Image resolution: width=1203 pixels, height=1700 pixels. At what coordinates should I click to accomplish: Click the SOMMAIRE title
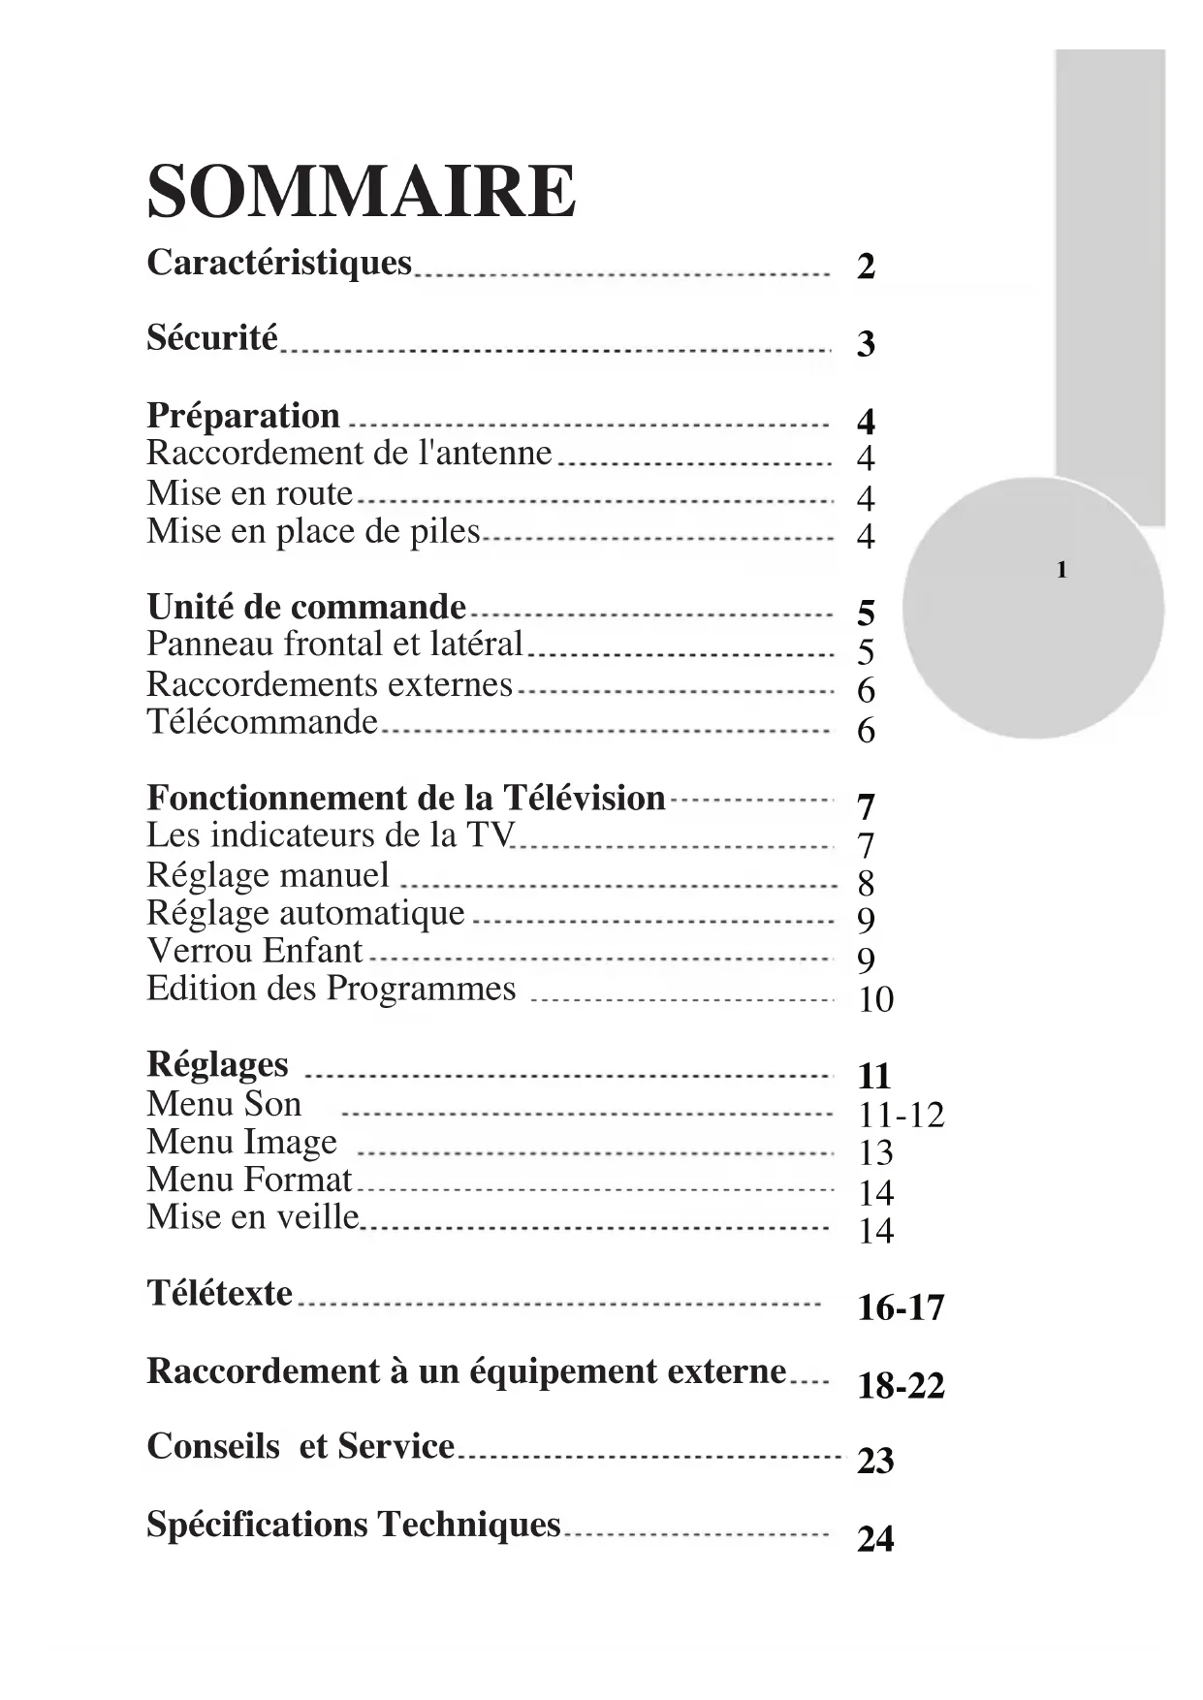[361, 191]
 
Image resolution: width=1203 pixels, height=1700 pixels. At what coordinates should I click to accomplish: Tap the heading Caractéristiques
[279, 263]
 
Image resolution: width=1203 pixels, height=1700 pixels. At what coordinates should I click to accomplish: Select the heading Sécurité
[212, 338]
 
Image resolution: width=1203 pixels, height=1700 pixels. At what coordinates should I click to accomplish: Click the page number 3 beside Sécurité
[866, 344]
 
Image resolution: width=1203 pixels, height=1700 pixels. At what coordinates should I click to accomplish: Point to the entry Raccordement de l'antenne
[349, 454]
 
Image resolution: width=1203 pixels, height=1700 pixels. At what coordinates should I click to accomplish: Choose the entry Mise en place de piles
[313, 531]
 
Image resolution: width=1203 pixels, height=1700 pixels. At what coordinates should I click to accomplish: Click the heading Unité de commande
[306, 607]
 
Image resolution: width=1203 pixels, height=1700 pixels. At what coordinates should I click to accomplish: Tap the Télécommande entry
[262, 722]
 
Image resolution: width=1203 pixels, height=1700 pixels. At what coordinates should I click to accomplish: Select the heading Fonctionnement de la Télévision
[406, 798]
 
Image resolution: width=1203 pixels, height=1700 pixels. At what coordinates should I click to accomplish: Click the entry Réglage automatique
[305, 913]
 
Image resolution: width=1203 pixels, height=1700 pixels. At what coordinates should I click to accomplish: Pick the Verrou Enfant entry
[254, 951]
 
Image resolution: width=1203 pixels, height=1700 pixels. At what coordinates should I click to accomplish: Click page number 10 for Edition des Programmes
[875, 999]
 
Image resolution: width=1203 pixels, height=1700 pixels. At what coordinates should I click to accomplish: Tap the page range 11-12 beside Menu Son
[901, 1116]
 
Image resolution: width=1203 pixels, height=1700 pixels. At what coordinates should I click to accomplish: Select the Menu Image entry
[241, 1142]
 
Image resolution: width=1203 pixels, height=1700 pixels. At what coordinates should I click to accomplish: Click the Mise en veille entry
[253, 1217]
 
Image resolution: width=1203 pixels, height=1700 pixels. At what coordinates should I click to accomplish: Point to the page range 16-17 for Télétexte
[901, 1308]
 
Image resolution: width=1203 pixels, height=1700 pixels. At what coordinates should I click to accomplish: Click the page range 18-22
[901, 1386]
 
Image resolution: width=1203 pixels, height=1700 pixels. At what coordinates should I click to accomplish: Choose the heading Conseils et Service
[301, 1446]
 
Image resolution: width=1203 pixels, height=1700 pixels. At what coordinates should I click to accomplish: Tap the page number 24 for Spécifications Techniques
[875, 1539]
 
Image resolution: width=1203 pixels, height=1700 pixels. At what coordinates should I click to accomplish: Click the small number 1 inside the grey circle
[1061, 570]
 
